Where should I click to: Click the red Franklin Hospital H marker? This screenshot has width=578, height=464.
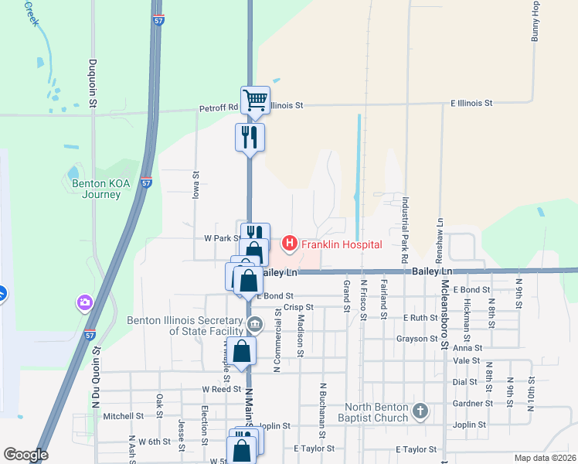click(290, 244)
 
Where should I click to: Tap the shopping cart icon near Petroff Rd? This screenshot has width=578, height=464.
click(255, 100)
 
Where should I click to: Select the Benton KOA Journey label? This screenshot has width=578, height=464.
click(97, 189)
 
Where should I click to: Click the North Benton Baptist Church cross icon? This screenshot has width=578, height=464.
click(420, 411)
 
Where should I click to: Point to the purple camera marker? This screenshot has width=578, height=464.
click(83, 302)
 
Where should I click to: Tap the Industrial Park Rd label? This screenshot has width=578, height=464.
click(403, 228)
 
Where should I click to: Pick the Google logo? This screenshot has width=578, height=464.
click(25, 455)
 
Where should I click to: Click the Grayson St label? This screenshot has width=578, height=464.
click(417, 339)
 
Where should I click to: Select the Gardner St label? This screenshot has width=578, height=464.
click(473, 403)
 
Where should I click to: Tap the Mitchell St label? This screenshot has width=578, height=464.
click(124, 415)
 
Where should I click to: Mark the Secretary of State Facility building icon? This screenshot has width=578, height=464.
click(256, 324)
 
